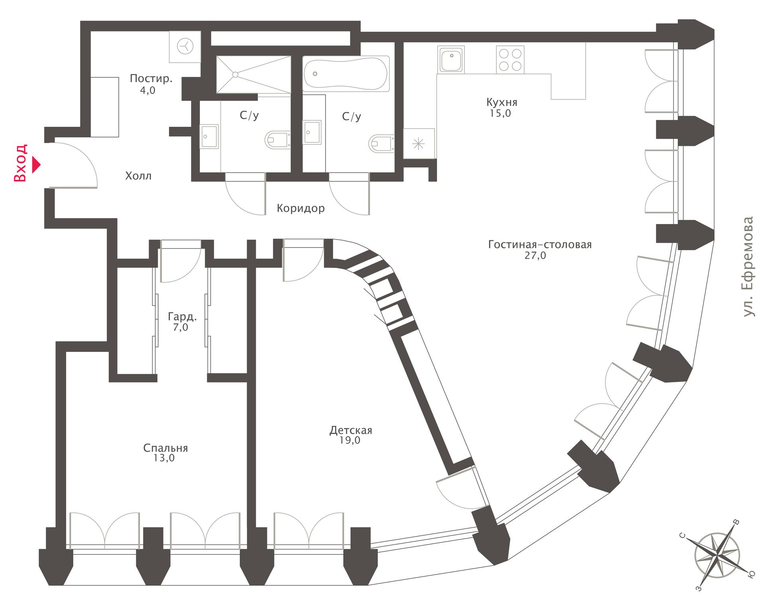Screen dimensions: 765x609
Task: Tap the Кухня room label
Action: (x=502, y=102)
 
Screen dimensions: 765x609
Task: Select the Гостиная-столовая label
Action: (x=540, y=244)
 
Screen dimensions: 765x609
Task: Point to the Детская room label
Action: (x=351, y=430)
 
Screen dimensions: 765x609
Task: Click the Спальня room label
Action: (x=165, y=448)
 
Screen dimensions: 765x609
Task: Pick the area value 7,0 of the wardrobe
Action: (x=180, y=327)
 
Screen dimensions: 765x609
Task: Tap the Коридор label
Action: (x=300, y=208)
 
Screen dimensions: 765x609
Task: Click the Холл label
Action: (x=138, y=176)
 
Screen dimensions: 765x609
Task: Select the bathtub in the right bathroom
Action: (x=346, y=74)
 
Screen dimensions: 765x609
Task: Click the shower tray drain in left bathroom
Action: (x=235, y=75)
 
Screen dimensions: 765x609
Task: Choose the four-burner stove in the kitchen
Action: (x=510, y=60)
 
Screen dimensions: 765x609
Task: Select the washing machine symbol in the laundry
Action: (x=185, y=47)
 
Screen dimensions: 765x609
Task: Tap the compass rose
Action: (x=717, y=554)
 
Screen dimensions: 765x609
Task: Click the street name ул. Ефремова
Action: (x=749, y=267)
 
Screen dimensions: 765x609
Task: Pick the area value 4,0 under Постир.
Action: (x=147, y=90)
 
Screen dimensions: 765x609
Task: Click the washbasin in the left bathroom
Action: (x=209, y=136)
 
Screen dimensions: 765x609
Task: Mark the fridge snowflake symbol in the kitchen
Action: (x=418, y=143)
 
